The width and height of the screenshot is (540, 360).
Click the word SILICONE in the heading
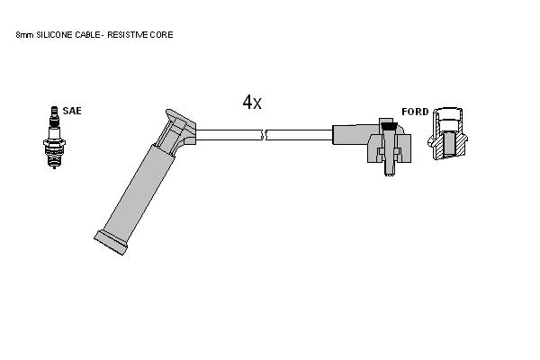[x=55, y=35]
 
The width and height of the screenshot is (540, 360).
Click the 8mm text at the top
[x=25, y=35]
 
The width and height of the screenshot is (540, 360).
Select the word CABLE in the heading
[x=87, y=35]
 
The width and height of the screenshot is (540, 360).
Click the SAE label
[x=72, y=111]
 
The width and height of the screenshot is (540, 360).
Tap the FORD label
[x=415, y=112]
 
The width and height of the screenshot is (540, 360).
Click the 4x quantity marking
[x=252, y=102]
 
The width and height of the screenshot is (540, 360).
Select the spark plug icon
[x=54, y=138]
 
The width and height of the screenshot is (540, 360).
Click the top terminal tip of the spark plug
[x=54, y=107]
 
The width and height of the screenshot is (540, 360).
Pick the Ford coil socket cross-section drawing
[x=447, y=134]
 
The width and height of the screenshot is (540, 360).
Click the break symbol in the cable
[x=264, y=135]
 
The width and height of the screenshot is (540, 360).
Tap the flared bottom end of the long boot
[x=111, y=243]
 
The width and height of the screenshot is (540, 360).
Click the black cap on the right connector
[x=389, y=126]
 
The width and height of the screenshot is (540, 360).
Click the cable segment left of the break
[x=228, y=135]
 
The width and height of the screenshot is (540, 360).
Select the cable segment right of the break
[x=300, y=135]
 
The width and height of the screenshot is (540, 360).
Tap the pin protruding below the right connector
[x=389, y=168]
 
